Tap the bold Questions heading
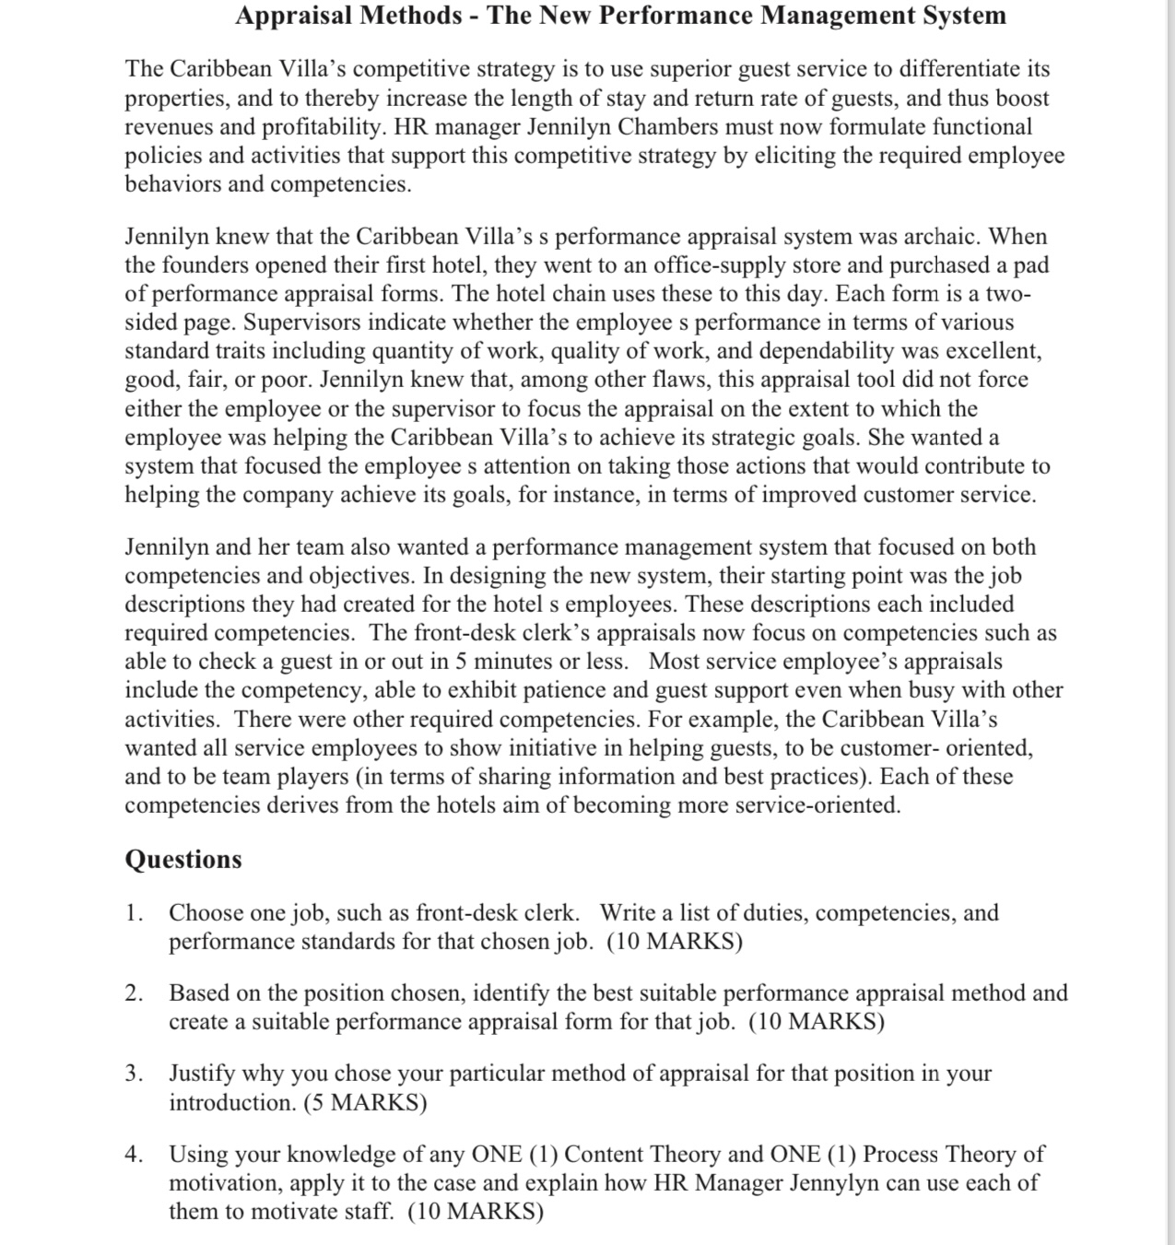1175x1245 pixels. [183, 859]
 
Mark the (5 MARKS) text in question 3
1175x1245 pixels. [365, 1103]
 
